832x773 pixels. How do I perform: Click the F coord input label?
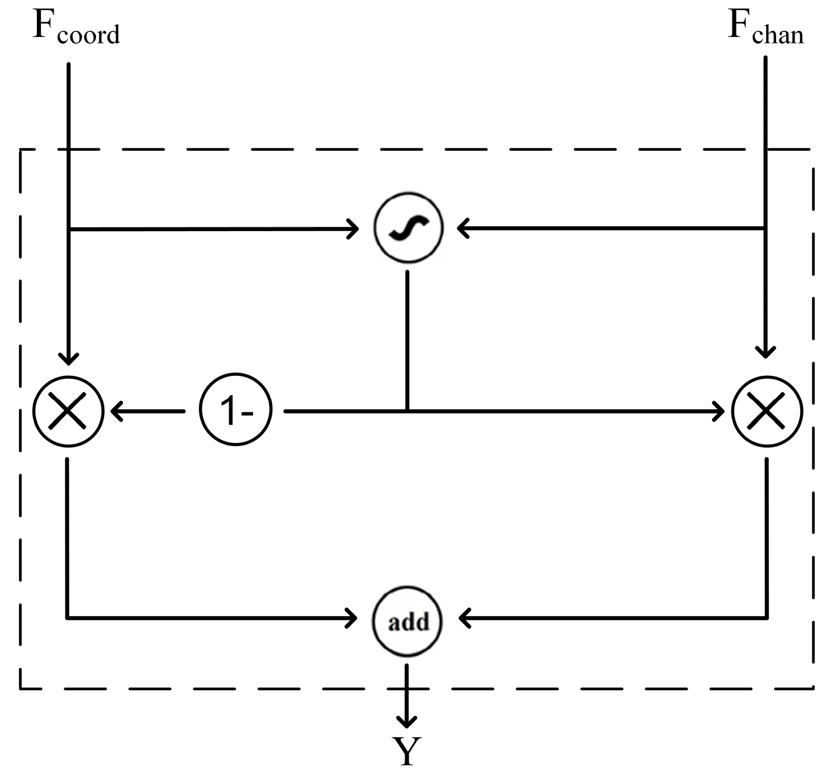[76, 28]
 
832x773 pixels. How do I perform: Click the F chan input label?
[765, 28]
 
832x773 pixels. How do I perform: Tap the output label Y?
[406, 752]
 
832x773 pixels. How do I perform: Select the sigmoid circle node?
[408, 228]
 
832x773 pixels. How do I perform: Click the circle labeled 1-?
[236, 411]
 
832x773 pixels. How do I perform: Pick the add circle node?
[407, 621]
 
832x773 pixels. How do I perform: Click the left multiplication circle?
[68, 411]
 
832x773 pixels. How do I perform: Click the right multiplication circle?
[767, 411]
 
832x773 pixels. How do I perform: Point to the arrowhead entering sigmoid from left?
[353, 228]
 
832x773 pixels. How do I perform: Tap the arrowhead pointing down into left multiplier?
[68, 358]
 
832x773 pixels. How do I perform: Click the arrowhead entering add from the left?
[352, 618]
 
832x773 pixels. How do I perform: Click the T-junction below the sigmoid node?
[407, 411]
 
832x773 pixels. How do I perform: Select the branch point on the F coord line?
[68, 229]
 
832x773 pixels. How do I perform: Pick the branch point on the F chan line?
[765, 228]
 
